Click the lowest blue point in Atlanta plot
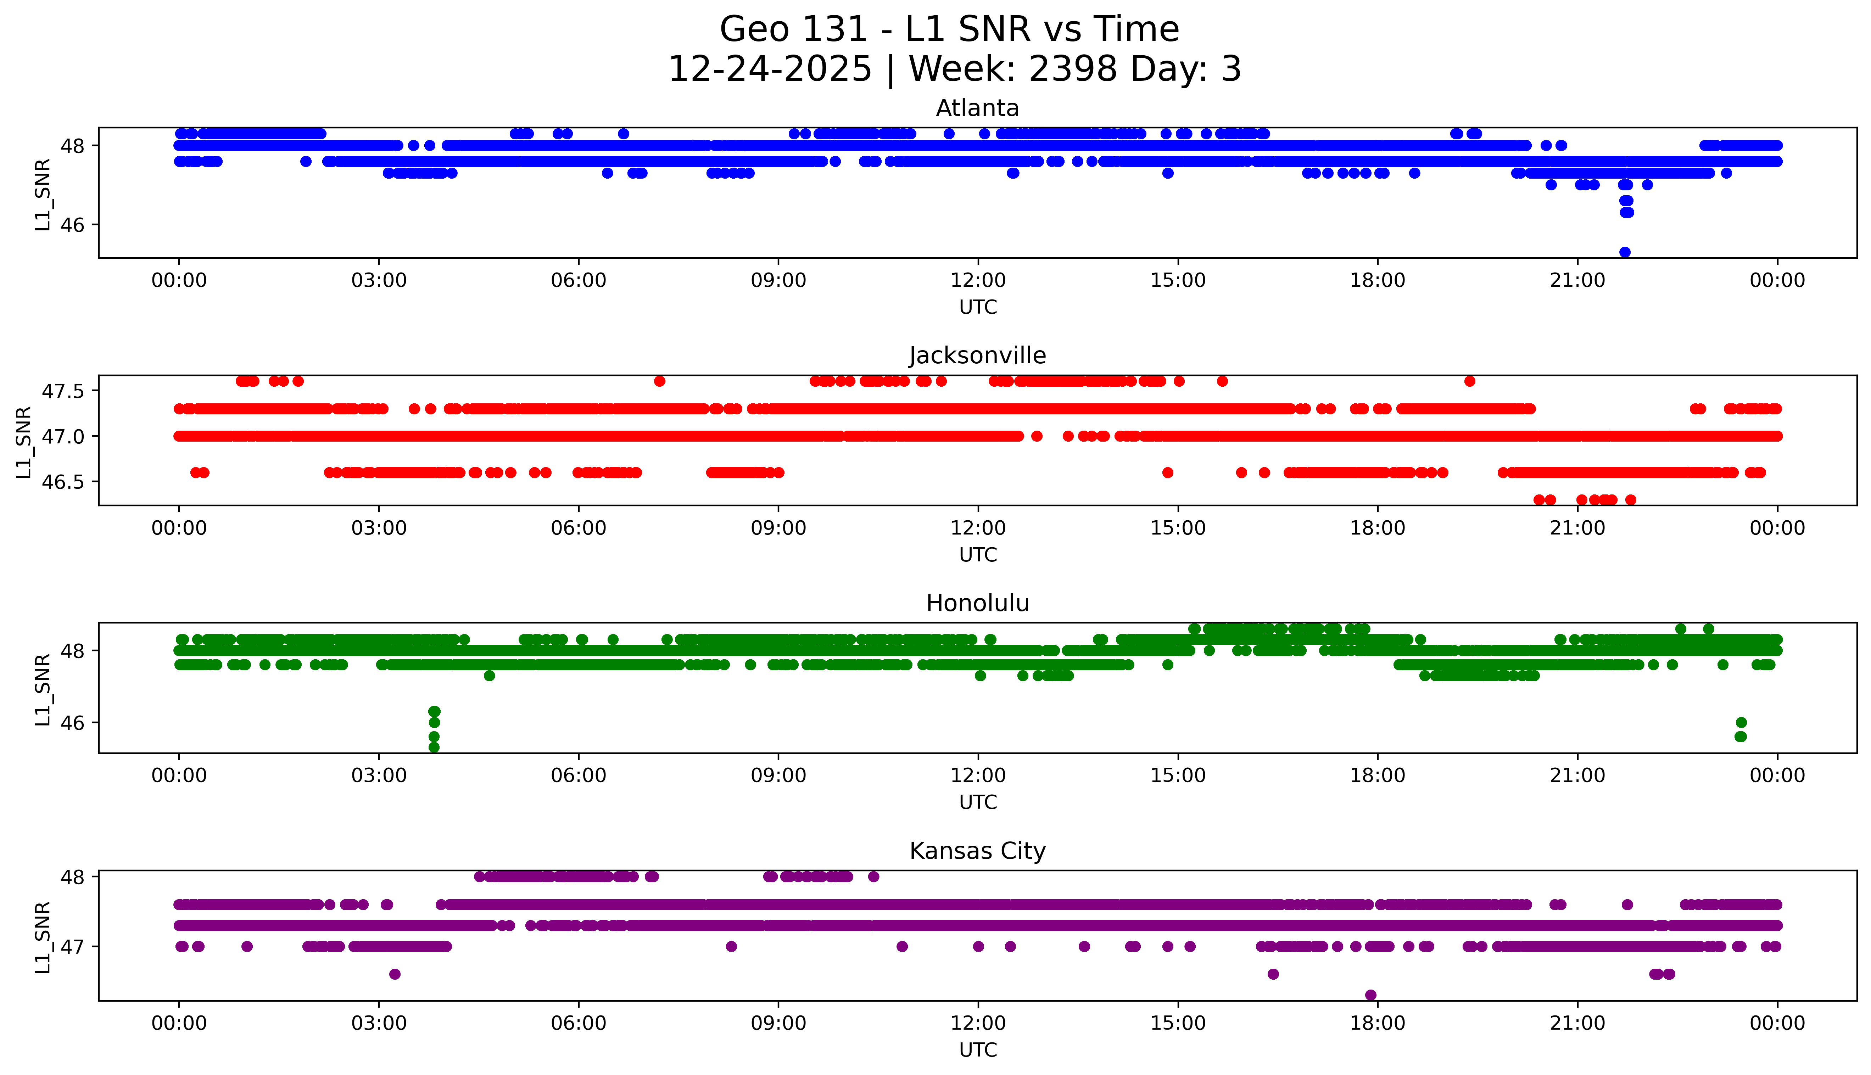[1624, 252]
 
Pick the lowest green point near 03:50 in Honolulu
[434, 747]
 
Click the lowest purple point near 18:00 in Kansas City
[1370, 995]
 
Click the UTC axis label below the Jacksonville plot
[978, 554]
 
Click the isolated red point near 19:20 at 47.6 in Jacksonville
[1469, 381]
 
